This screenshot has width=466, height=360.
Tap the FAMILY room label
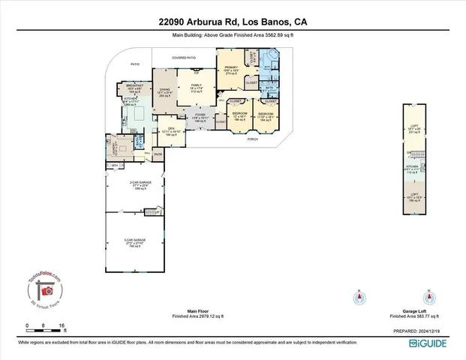(196, 87)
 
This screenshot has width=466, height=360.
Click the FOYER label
(200, 116)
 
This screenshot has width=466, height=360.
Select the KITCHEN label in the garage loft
(412, 168)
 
